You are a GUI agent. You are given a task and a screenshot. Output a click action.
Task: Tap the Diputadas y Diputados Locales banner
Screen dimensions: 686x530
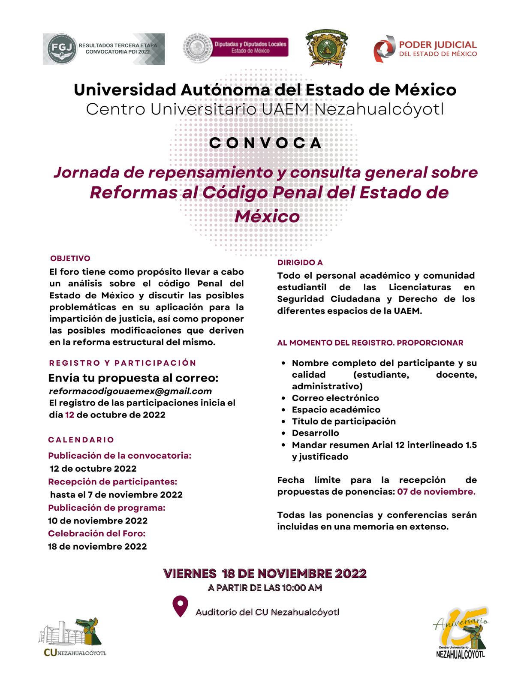point(250,47)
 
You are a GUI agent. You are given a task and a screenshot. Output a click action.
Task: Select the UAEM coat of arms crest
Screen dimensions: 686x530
point(326,48)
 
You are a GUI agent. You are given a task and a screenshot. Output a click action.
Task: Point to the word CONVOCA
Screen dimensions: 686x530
point(265,143)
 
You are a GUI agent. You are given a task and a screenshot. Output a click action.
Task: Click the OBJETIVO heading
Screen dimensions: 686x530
point(70,259)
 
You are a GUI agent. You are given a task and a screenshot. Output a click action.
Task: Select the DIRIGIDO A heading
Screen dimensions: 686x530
point(300,262)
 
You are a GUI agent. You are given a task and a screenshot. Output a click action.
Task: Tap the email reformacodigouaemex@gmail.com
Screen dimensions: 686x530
point(130,391)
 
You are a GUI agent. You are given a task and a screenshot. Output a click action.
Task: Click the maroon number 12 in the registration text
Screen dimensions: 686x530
point(69,415)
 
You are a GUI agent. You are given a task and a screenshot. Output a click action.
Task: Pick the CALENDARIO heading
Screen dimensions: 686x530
point(81,440)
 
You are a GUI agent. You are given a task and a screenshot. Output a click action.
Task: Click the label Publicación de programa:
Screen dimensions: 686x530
point(106,508)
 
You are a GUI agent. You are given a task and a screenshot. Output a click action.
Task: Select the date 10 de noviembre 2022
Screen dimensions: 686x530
point(98,521)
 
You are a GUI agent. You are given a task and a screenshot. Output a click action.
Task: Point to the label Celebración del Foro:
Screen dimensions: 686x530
point(96,533)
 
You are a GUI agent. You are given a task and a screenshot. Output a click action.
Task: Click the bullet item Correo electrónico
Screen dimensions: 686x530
point(335,398)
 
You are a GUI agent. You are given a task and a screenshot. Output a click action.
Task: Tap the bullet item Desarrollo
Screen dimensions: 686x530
point(315,433)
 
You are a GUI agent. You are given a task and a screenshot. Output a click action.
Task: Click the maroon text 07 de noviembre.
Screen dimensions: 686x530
point(436,492)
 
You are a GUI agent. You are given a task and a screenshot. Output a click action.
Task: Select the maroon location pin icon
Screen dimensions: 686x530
point(180,606)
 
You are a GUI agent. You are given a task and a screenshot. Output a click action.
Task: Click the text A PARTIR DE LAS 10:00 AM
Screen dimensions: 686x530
point(265,588)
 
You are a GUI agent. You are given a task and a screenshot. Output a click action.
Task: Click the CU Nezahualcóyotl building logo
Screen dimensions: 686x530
point(72,637)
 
